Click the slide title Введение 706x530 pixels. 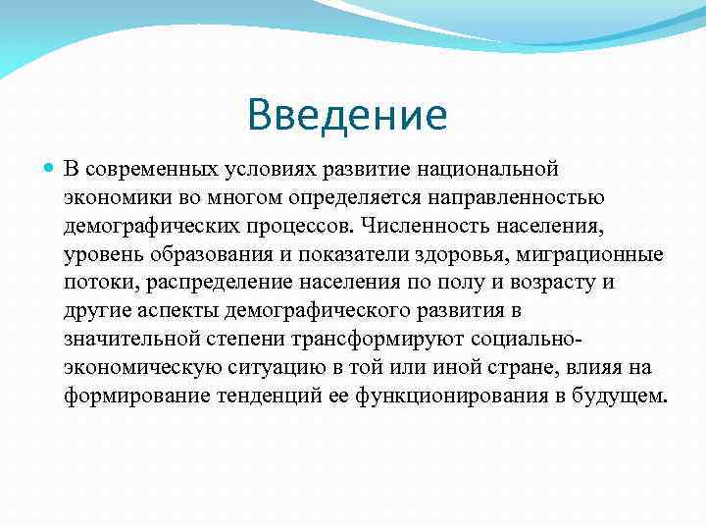pos(347,116)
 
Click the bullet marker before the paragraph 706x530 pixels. pos(50,171)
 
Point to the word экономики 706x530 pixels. pos(110,199)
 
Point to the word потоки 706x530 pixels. pos(95,284)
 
